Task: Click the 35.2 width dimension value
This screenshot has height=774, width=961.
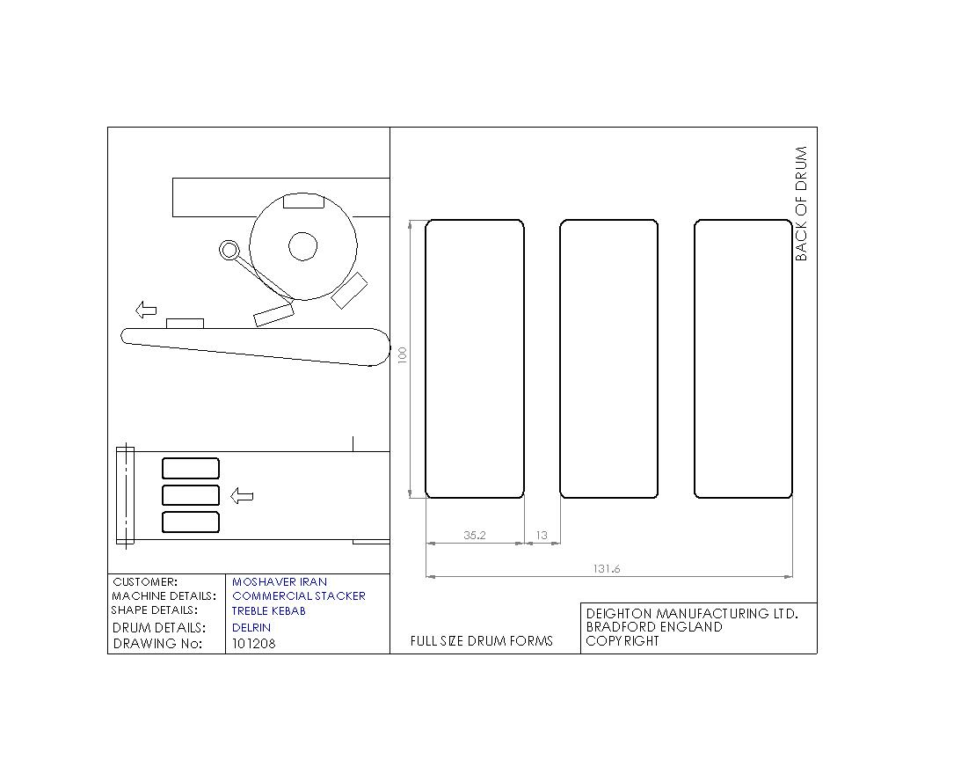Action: click(475, 535)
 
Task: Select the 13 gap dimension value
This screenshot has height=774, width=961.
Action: click(542, 535)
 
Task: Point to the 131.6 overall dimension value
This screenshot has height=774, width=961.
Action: click(606, 568)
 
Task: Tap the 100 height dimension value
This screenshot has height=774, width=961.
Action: click(403, 354)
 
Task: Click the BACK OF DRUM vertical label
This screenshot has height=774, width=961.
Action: click(801, 204)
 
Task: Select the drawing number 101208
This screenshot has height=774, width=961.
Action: click(254, 643)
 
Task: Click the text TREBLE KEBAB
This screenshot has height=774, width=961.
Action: click(268, 611)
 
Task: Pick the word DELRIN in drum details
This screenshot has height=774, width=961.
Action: click(251, 627)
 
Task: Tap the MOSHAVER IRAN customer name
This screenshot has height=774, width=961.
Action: click(280, 581)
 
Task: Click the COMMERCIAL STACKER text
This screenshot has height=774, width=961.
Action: click(298, 595)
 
